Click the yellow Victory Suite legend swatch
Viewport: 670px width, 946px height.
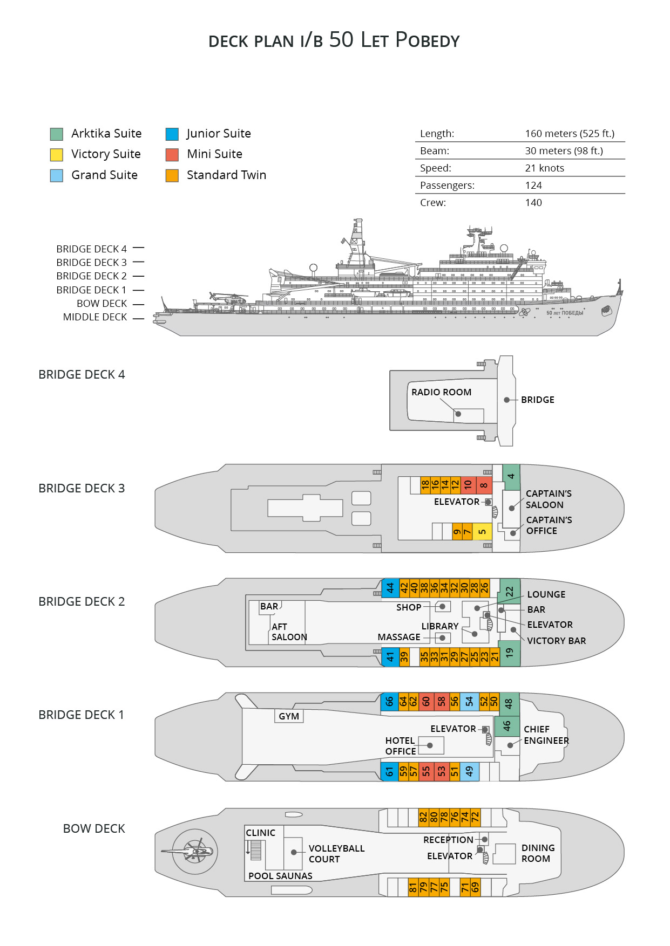point(57,155)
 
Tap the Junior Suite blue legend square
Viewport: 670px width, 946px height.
point(172,134)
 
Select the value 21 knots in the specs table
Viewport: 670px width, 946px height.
point(544,168)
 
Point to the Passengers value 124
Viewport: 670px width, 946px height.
point(533,186)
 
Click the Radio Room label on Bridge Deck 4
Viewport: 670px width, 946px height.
point(441,392)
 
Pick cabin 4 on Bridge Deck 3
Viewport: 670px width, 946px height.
point(511,477)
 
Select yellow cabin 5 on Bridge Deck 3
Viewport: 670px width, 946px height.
point(482,531)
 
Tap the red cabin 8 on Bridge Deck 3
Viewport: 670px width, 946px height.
point(484,485)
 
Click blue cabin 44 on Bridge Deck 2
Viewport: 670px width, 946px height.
point(390,587)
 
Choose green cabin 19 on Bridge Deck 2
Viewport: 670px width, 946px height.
point(510,653)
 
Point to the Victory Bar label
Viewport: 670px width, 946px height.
point(556,641)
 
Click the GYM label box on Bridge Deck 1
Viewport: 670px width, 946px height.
point(289,716)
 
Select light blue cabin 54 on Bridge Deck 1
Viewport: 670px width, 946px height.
point(469,701)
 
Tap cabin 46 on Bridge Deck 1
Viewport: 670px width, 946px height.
point(507,726)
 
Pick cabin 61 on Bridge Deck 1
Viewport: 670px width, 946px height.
point(389,771)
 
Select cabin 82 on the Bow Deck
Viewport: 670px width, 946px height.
point(423,817)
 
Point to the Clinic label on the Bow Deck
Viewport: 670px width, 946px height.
point(260,833)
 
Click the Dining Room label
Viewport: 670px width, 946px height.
point(538,853)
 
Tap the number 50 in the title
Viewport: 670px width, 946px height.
point(341,39)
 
